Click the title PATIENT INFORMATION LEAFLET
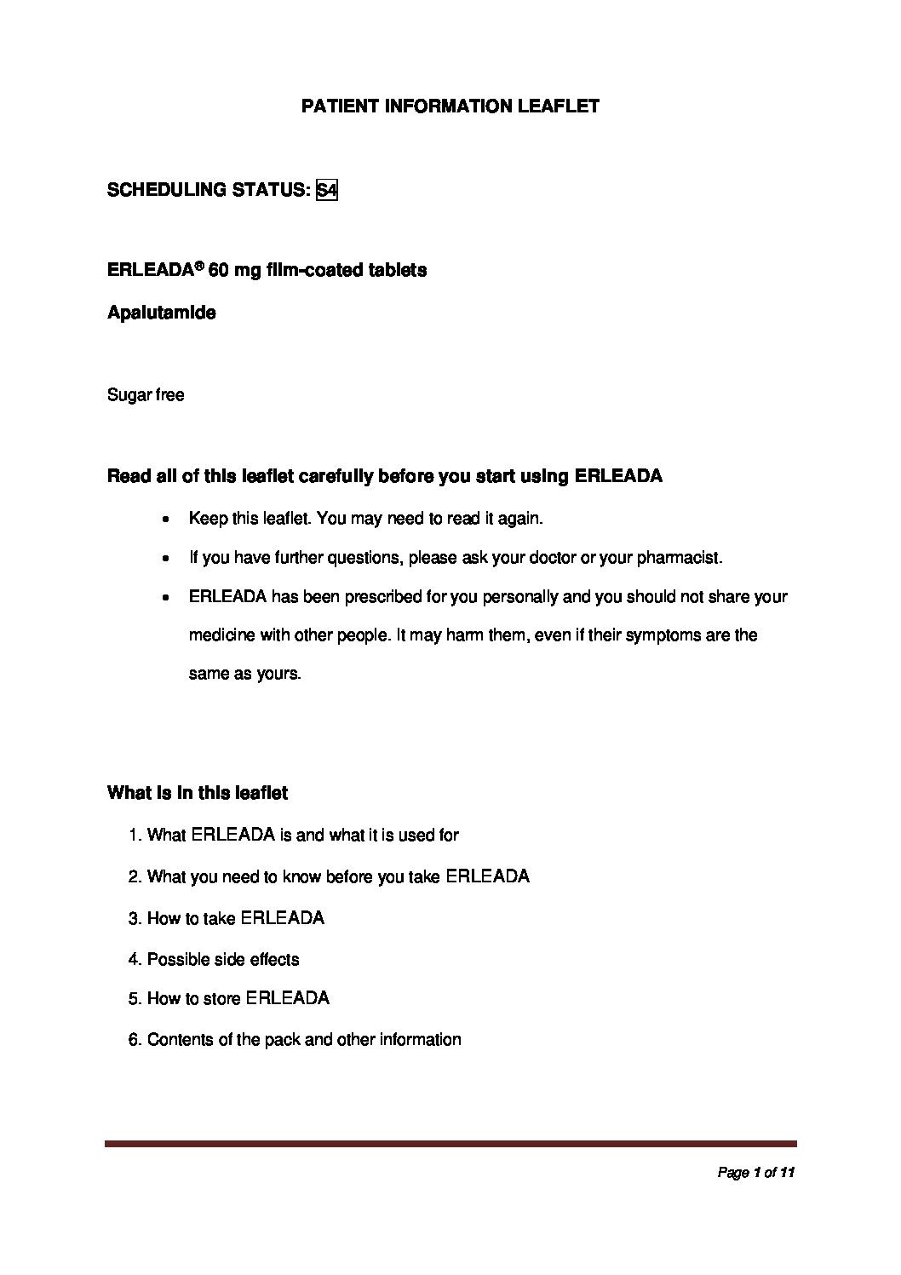tap(450, 106)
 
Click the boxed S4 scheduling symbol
tap(327, 190)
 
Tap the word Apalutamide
tap(161, 313)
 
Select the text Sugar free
tap(146, 395)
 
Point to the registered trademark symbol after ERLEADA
tap(199, 265)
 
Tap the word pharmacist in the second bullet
tap(685, 558)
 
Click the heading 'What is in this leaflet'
tap(198, 793)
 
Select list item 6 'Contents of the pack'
tap(295, 1040)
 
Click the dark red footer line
tap(450, 1144)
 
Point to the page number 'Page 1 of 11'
tap(756, 1174)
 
